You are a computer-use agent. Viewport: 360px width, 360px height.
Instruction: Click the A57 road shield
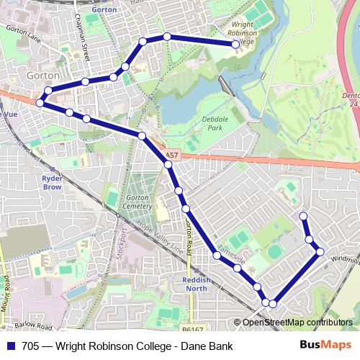170,154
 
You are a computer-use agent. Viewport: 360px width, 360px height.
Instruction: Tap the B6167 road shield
192,328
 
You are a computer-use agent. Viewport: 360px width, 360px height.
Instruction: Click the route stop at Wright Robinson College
235,45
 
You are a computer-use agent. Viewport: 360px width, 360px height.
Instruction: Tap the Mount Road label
6,295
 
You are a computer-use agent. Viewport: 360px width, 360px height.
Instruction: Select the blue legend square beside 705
10,346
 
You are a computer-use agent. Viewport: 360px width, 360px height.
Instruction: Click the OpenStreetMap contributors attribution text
297,323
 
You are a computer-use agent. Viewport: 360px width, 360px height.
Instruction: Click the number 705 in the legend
31,346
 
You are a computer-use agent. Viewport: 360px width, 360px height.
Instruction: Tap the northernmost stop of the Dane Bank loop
303,216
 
